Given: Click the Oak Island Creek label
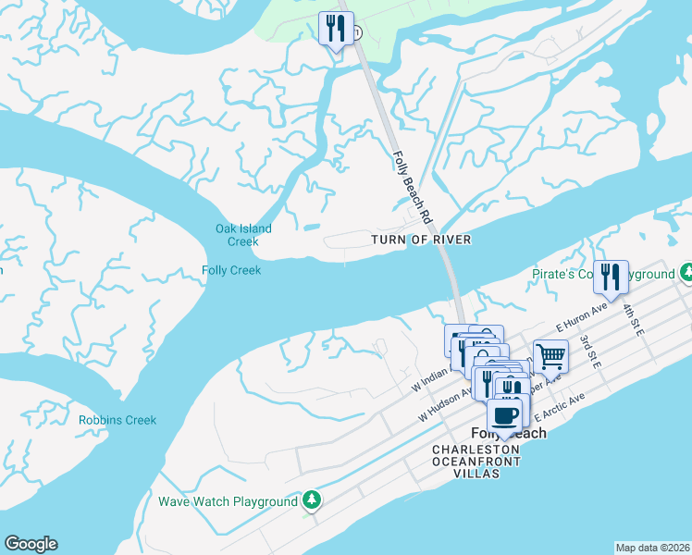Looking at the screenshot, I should pyautogui.click(x=243, y=235).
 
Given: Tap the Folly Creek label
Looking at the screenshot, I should pyautogui.click(x=231, y=270).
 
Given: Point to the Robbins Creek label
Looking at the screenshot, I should pyautogui.click(x=117, y=420).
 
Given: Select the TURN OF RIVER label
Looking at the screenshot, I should pyautogui.click(x=421, y=240).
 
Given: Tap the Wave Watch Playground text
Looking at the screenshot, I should pyautogui.click(x=228, y=501).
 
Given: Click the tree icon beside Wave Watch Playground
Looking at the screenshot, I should pyautogui.click(x=313, y=500).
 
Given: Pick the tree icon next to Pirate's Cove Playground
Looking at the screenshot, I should pyautogui.click(x=686, y=274).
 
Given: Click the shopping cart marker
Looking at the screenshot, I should pyautogui.click(x=550, y=355).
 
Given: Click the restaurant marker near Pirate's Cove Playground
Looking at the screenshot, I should pyautogui.click(x=611, y=276).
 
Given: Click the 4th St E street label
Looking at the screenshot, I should pyautogui.click(x=633, y=321).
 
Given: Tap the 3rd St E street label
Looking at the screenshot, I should pyautogui.click(x=590, y=352).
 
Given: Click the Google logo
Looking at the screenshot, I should pyautogui.click(x=31, y=544).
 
